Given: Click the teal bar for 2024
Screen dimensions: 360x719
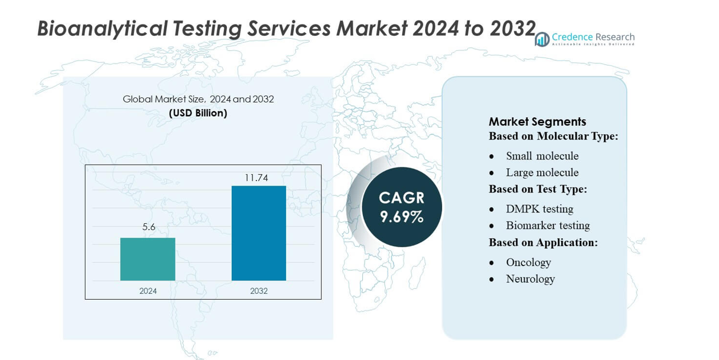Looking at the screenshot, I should click(148, 259).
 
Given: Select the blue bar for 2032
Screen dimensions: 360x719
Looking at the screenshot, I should click(259, 233).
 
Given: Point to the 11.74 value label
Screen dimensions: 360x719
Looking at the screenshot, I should click(256, 178).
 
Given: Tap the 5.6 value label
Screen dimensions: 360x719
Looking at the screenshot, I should click(149, 227).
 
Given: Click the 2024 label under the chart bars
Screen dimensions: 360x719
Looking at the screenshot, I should click(148, 291).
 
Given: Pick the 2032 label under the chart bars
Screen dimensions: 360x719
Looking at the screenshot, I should click(259, 291).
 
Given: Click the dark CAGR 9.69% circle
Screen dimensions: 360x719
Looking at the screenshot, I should click(402, 207).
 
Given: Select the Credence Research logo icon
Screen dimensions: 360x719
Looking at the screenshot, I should click(542, 39).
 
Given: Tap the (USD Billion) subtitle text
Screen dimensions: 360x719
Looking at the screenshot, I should click(198, 113).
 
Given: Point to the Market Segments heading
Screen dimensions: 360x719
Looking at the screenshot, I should click(537, 121).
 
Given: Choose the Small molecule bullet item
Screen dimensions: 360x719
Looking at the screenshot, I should click(542, 156).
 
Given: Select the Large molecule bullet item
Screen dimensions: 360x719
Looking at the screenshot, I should click(542, 173).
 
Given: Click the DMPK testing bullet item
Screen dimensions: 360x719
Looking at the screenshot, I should click(540, 209).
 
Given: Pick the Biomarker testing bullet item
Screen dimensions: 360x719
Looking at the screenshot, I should click(548, 226).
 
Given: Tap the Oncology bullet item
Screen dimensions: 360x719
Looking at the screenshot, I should click(528, 263).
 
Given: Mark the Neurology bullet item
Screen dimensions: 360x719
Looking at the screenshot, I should click(530, 279).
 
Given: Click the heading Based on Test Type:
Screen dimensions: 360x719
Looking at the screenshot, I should click(538, 189).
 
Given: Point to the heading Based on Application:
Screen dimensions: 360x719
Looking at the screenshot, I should click(543, 242).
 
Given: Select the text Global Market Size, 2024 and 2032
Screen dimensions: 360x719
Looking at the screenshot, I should click(198, 99).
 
